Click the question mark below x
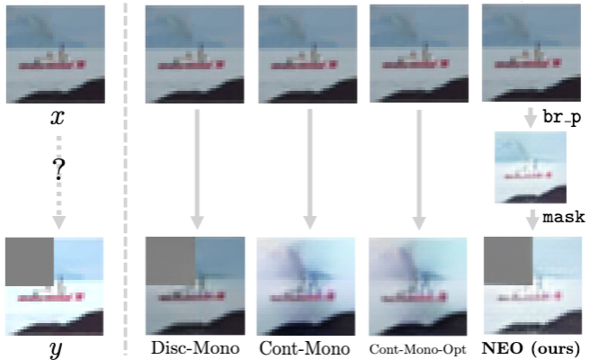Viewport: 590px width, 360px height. (x=58, y=168)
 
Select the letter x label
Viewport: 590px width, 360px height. (x=58, y=117)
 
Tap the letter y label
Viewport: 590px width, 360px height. (x=56, y=349)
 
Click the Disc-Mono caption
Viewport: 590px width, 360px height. (x=195, y=348)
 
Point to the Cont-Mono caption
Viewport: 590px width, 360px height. (x=305, y=348)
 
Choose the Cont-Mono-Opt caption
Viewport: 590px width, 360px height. (x=417, y=349)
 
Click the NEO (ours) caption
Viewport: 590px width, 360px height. (x=531, y=348)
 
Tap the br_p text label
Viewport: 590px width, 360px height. (x=562, y=118)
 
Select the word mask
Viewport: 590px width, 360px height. (x=563, y=217)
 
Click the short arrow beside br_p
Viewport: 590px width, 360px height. (x=531, y=118)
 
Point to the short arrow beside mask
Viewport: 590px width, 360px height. (x=532, y=220)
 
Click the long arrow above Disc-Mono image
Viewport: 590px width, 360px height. (x=197, y=169)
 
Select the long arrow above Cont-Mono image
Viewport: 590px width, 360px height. (x=309, y=169)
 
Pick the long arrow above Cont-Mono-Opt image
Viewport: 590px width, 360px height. (x=419, y=169)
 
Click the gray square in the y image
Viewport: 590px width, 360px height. (x=30, y=262)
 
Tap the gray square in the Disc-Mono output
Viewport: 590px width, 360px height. (x=171, y=261)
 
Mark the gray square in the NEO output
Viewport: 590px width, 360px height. (x=508, y=261)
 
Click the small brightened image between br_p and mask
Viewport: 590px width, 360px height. (x=530, y=167)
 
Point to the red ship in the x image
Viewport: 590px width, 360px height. (x=52, y=65)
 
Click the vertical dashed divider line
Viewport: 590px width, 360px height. (x=126, y=179)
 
